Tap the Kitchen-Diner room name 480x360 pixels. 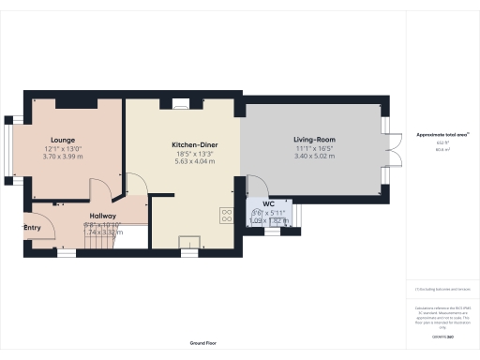click(194, 145)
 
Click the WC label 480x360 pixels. click(268, 202)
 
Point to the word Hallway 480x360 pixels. click(102, 216)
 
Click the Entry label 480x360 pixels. click(33, 227)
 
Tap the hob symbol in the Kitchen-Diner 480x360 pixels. click(227, 214)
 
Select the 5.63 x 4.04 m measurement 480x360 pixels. click(194, 161)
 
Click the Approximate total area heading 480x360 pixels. click(440, 134)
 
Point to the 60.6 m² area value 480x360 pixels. click(442, 149)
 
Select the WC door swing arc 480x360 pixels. click(255, 187)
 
